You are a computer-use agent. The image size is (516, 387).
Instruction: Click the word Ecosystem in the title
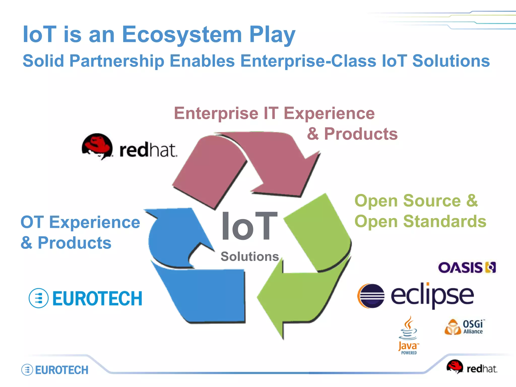(182, 35)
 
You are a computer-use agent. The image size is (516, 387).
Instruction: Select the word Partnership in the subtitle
(117, 61)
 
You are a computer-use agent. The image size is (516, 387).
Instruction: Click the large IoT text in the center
(249, 226)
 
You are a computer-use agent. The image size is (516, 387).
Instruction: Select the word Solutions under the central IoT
(250, 256)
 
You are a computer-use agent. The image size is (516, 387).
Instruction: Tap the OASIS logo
(467, 267)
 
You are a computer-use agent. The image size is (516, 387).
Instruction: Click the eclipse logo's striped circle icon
(371, 296)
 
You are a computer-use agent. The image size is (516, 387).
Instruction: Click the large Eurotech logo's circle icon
(39, 298)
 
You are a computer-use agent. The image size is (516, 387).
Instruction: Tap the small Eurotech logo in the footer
(55, 370)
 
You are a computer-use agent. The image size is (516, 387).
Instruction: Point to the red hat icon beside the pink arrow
(97, 146)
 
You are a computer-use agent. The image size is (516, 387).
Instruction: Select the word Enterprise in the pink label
(216, 113)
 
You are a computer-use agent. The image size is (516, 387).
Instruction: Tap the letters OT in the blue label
(32, 222)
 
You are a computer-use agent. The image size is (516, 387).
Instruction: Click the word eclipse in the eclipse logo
(432, 295)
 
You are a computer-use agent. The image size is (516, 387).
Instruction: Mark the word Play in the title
(272, 35)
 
